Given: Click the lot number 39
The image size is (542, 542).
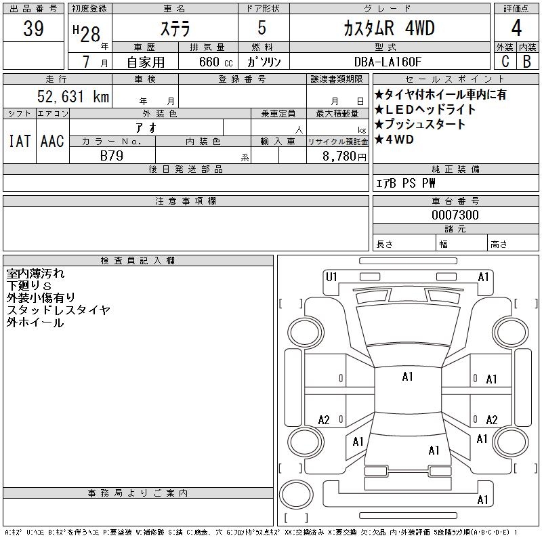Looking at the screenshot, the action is tap(33, 28).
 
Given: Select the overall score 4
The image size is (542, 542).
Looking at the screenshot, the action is tap(516, 28).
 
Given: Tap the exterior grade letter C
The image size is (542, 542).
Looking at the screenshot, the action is tap(505, 61).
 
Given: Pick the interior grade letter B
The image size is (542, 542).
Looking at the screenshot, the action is tap(527, 61).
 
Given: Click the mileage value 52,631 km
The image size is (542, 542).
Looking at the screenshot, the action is tap(73, 96).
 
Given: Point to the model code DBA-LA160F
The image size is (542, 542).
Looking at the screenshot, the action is tap(388, 62).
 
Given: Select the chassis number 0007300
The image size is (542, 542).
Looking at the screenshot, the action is tap(455, 215).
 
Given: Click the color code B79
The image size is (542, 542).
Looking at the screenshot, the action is tap(112, 156).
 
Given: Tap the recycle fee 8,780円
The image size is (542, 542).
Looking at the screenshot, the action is tap(344, 157).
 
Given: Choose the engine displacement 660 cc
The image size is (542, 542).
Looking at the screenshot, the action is tap(216, 62).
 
